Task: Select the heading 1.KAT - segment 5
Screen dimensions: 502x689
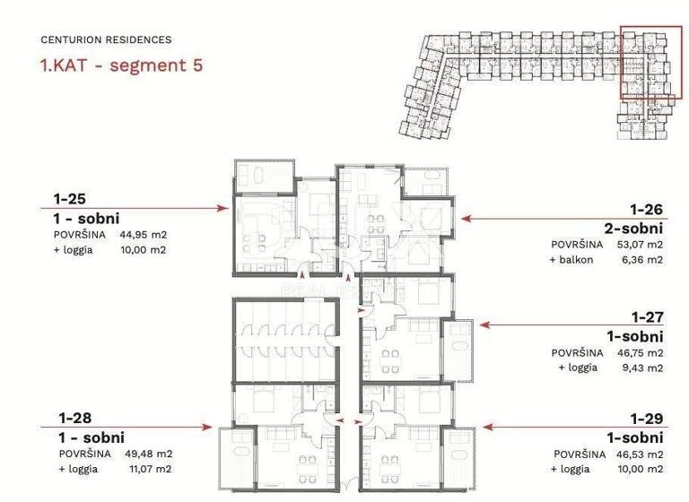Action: pyautogui.click(x=121, y=65)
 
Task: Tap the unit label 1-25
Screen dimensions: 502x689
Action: pyautogui.click(x=71, y=200)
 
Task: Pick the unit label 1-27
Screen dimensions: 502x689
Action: pyautogui.click(x=646, y=317)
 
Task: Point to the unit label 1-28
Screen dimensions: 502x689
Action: pyautogui.click(x=74, y=418)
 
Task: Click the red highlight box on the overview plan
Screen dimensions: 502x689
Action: pyautogui.click(x=645, y=67)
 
